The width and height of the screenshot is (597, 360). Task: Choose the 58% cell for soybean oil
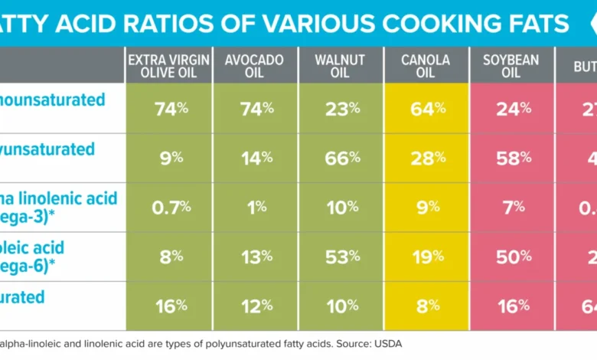(x=514, y=158)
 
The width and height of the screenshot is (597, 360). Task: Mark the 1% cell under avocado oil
(x=256, y=207)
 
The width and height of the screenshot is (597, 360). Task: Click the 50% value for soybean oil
(x=514, y=256)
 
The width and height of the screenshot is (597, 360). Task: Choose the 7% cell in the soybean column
(x=514, y=207)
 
